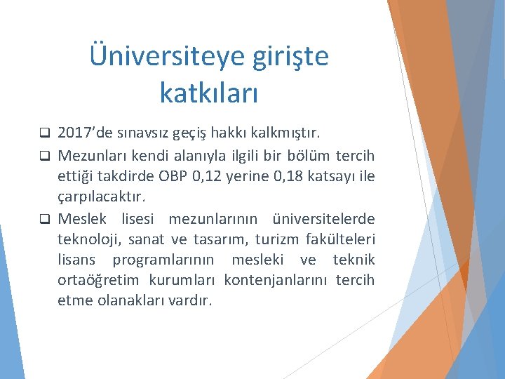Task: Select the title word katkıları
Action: (x=209, y=92)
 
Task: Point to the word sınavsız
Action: (x=143, y=133)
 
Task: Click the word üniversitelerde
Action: (x=327, y=218)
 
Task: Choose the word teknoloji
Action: (x=88, y=239)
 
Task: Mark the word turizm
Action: (x=277, y=239)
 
